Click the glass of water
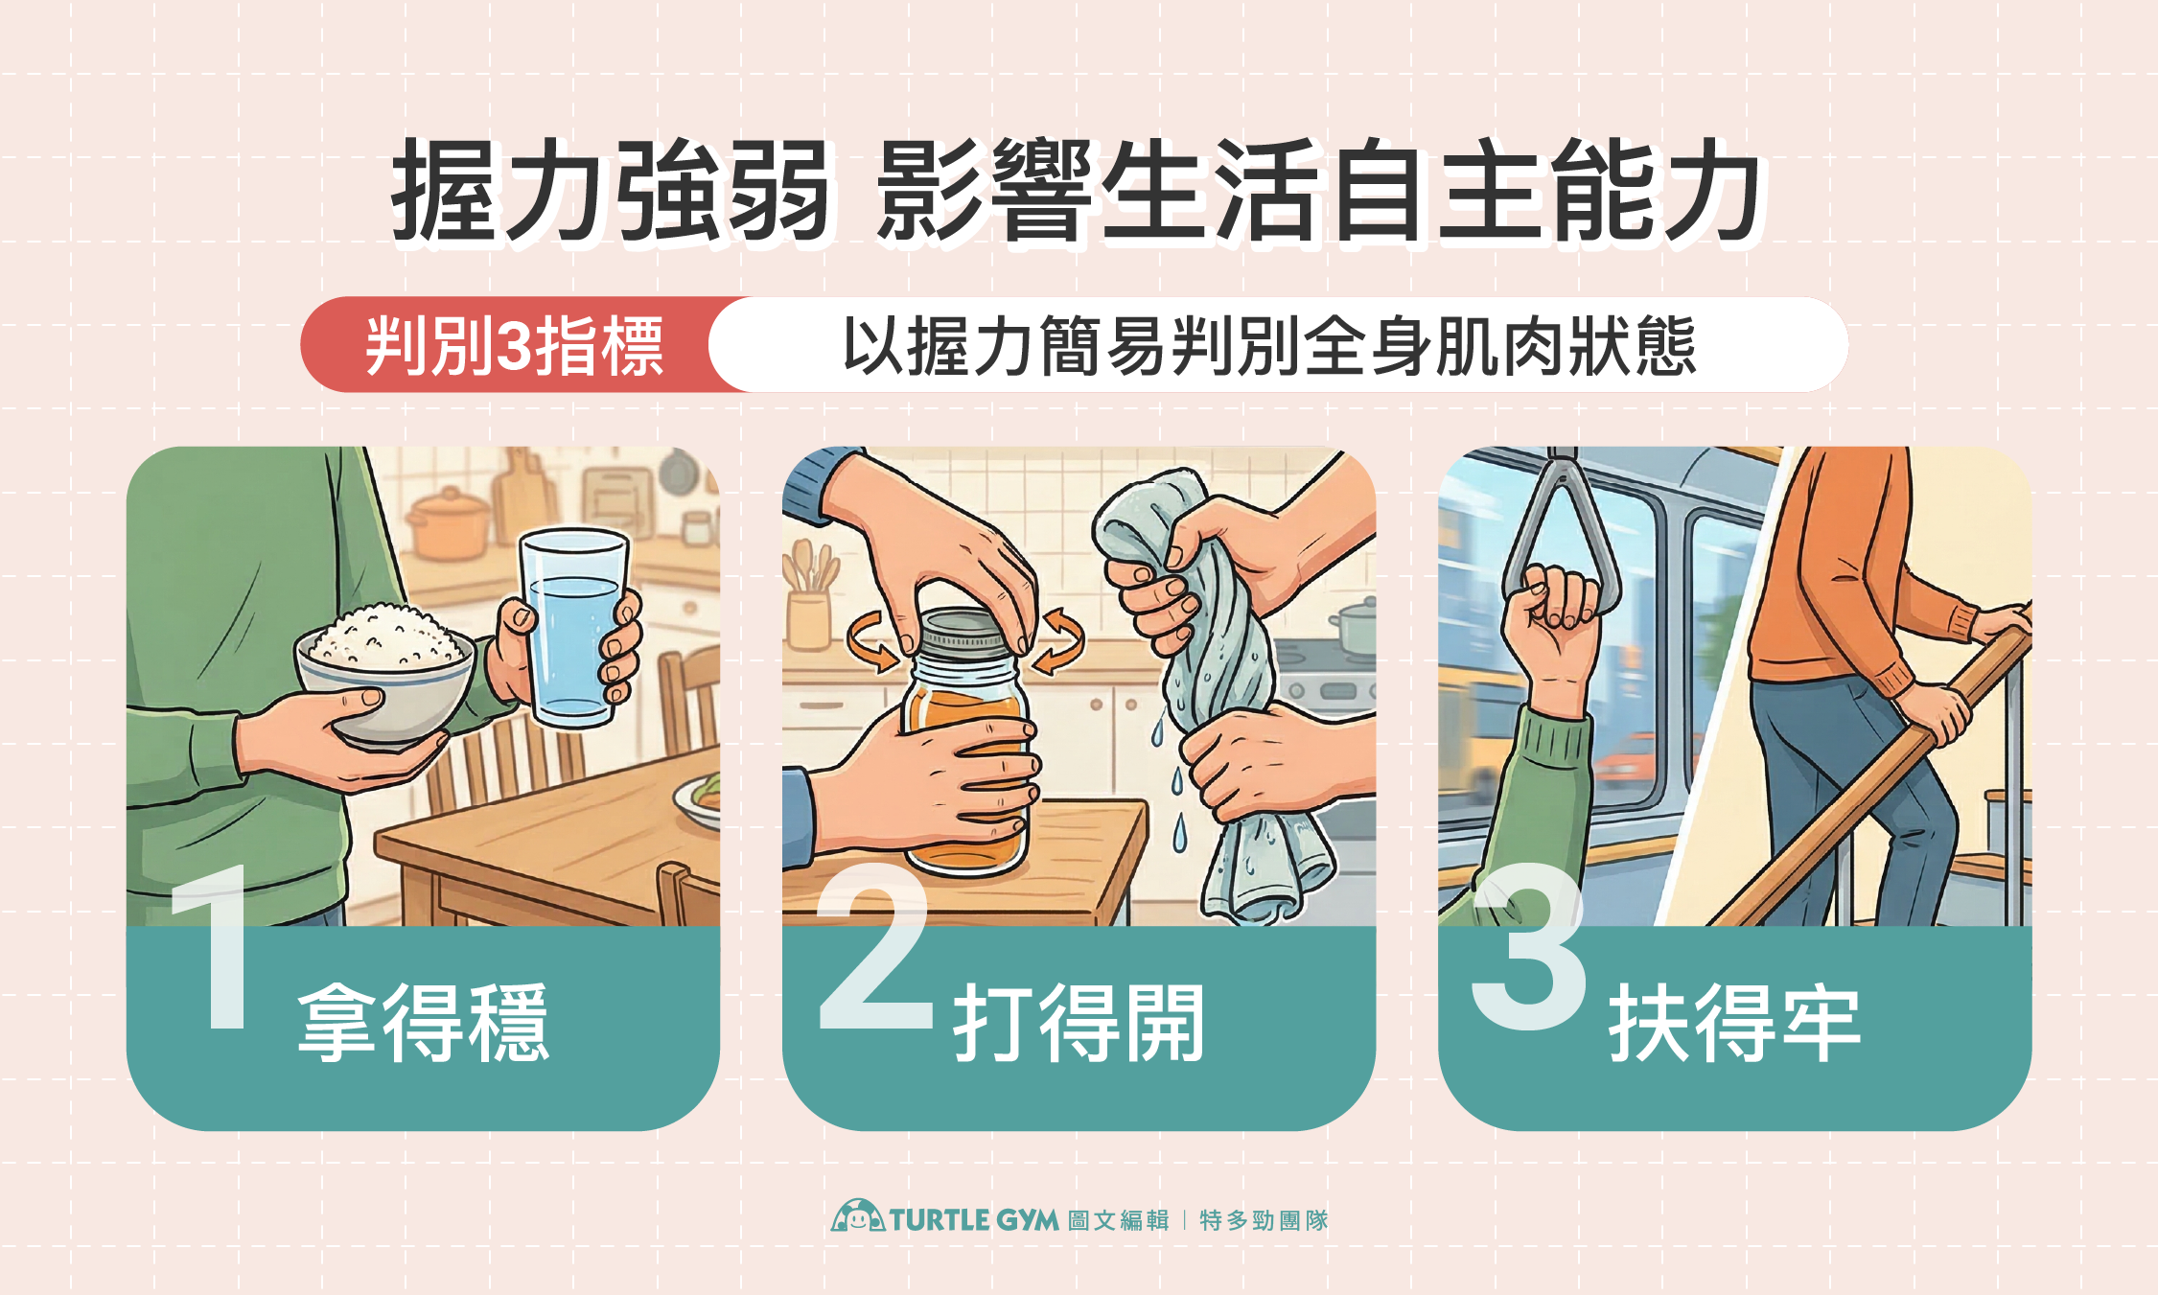point(572,633)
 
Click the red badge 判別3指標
point(514,345)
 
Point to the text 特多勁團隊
point(1264,1220)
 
